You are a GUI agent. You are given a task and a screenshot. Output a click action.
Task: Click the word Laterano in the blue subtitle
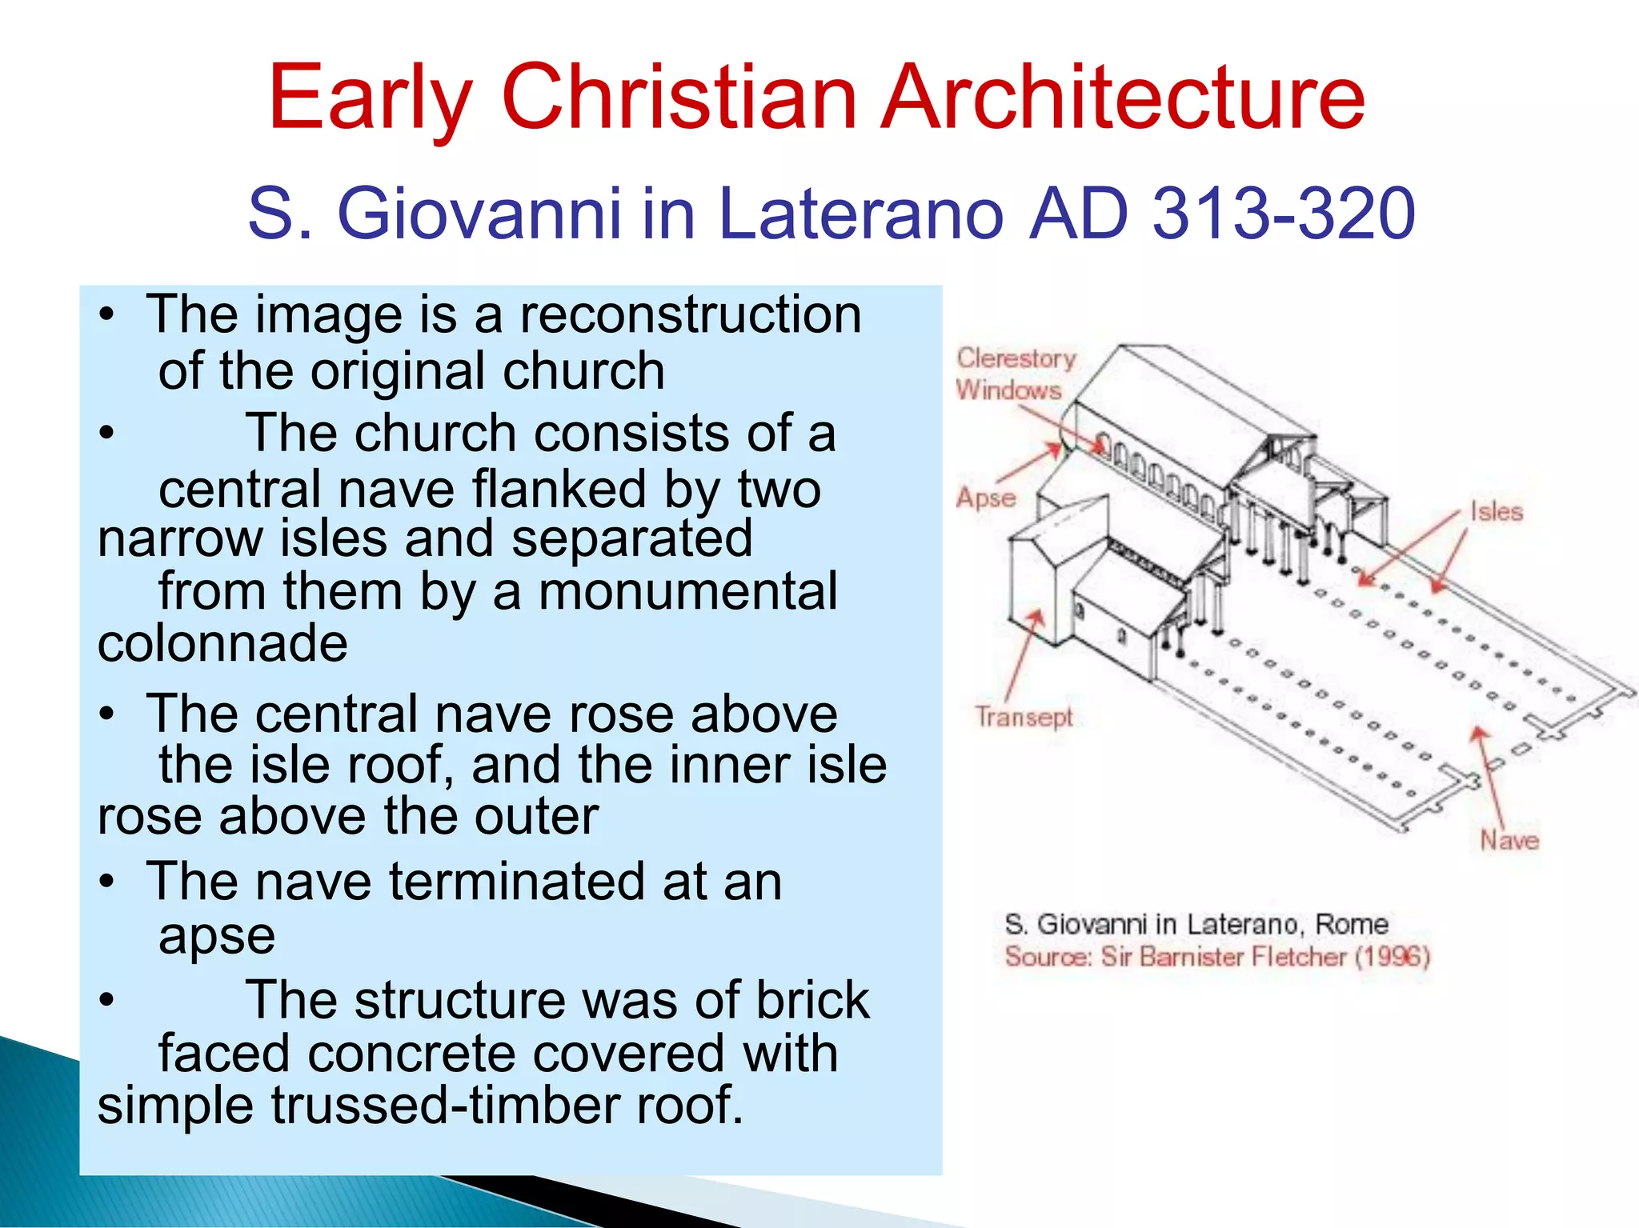point(860,214)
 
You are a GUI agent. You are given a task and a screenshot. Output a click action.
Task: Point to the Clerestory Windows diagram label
point(1015,374)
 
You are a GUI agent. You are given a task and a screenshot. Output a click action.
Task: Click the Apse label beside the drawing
point(986,498)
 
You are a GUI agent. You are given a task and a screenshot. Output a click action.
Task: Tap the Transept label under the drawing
point(1024,717)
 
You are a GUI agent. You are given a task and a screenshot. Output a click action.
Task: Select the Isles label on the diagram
point(1496,512)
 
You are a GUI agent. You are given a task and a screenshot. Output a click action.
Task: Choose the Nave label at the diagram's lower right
point(1509,840)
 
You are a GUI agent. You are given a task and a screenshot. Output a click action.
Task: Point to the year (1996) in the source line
point(1392,957)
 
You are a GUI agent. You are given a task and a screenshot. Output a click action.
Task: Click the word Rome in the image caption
point(1352,924)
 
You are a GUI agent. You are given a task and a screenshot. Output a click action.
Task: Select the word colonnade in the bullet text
point(222,643)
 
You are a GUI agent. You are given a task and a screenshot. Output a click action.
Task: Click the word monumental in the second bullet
point(688,592)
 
